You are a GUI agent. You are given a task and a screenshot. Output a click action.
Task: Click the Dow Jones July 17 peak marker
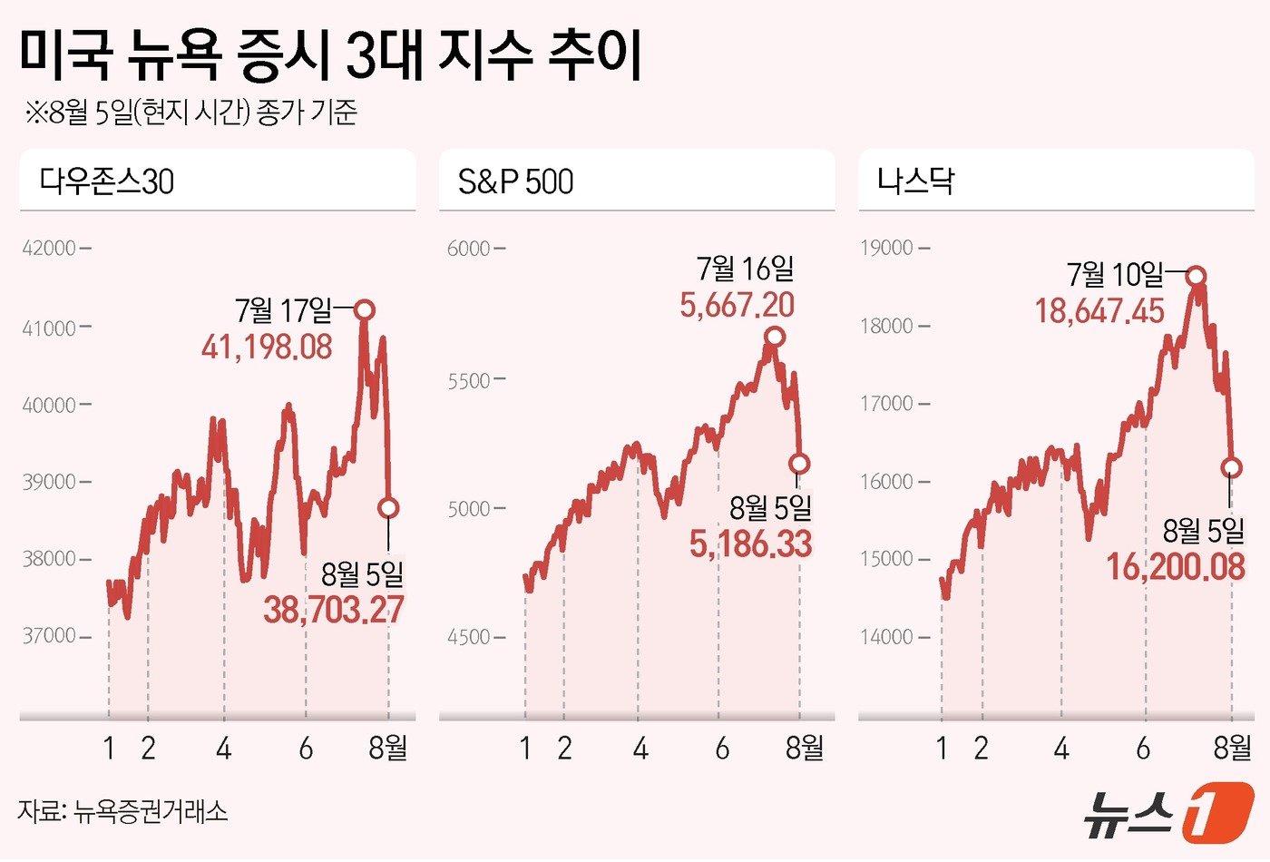click(x=364, y=310)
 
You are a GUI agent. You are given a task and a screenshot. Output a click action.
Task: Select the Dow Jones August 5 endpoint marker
click(x=388, y=508)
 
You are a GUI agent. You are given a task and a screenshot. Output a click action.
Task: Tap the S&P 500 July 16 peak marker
click(x=774, y=337)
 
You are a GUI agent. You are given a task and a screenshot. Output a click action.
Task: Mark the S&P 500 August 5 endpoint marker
click(x=799, y=464)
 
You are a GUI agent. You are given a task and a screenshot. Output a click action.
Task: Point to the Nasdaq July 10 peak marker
click(x=1197, y=276)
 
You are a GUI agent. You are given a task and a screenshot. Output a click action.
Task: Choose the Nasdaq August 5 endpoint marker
click(x=1231, y=468)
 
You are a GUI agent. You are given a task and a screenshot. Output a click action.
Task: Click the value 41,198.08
click(x=267, y=347)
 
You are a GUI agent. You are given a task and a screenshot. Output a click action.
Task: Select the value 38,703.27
click(x=334, y=610)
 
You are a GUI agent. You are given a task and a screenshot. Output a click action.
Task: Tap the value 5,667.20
click(x=737, y=305)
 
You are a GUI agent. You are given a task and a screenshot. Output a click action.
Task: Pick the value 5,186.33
click(x=750, y=544)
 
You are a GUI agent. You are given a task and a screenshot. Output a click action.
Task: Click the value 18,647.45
click(x=1099, y=312)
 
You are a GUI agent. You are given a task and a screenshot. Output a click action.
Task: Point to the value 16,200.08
click(x=1175, y=568)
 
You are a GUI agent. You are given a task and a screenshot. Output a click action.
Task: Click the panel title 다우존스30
click(x=106, y=181)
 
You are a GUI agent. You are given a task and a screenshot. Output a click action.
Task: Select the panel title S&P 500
click(x=515, y=181)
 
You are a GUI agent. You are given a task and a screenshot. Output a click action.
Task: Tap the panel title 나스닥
click(x=915, y=181)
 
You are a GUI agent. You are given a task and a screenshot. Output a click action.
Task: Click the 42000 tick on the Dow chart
click(x=50, y=249)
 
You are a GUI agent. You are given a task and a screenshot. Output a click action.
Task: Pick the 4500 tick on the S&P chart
click(x=469, y=637)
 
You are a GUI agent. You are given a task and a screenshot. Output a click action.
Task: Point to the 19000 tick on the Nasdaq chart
click(x=887, y=248)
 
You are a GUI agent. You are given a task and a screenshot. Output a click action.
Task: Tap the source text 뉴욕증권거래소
click(x=151, y=810)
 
